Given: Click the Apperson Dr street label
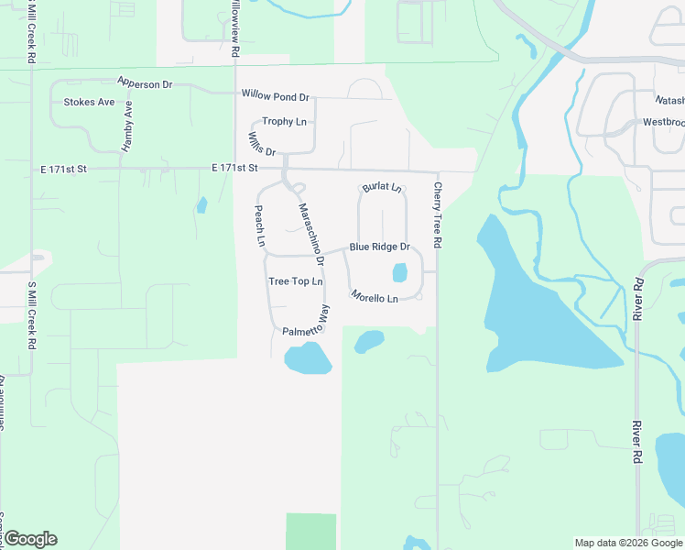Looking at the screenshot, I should point(145,83).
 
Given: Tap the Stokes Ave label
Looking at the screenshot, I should point(89,102).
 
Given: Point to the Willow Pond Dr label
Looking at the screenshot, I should point(276,95).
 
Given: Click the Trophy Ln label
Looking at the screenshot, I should point(284,121).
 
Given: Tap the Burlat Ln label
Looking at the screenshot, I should point(382,188).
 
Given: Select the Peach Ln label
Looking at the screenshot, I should point(259,226).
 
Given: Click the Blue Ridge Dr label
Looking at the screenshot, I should point(378,247).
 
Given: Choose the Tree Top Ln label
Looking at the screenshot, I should point(296,281).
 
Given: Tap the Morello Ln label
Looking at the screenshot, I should point(375,297).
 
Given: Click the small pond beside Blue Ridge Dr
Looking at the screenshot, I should point(399,272).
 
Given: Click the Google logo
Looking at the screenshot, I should point(30,539).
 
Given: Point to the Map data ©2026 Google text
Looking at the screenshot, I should point(627,543).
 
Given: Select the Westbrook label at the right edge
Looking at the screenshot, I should point(663,122).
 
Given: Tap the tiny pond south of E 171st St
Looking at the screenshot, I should point(201,205).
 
